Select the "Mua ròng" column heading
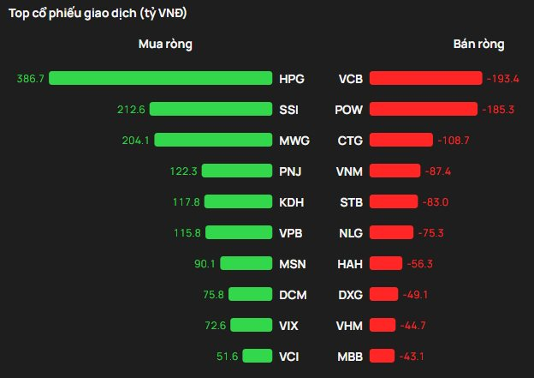pyautogui.click(x=165, y=44)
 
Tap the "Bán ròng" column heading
pyautogui.click(x=478, y=44)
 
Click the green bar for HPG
pyautogui.click(x=161, y=78)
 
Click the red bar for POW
pyautogui.click(x=424, y=109)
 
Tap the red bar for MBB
pyautogui.click(x=383, y=356)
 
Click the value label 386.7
pyautogui.click(x=30, y=78)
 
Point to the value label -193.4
pyautogui.click(x=502, y=78)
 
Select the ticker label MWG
pyautogui.click(x=294, y=140)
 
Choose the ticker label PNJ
pyautogui.click(x=290, y=171)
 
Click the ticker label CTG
pyautogui.click(x=350, y=140)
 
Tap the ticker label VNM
pyautogui.click(x=350, y=171)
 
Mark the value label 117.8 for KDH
pyautogui.click(x=186, y=201)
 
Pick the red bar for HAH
pyautogui.click(x=386, y=263)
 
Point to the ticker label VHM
pyautogui.click(x=350, y=325)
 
